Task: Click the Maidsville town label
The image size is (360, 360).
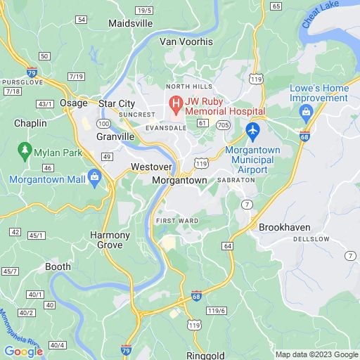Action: (x=130, y=23)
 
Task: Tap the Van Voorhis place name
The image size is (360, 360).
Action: (x=186, y=41)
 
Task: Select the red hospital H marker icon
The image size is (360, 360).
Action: (x=175, y=105)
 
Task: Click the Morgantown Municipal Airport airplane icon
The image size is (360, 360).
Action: (x=253, y=130)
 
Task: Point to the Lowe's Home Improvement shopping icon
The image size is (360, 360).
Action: (x=306, y=112)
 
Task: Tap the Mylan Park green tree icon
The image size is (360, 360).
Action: (x=26, y=150)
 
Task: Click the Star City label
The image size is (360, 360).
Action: (x=117, y=103)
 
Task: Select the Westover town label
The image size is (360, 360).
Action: (x=147, y=167)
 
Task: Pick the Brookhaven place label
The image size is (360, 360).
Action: (x=285, y=228)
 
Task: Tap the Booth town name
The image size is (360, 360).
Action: (x=58, y=266)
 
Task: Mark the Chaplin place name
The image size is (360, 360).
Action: (x=30, y=123)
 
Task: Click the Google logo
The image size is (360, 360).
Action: (x=23, y=351)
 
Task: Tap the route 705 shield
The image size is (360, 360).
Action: (x=222, y=124)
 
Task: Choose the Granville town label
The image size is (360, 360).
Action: (x=115, y=137)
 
